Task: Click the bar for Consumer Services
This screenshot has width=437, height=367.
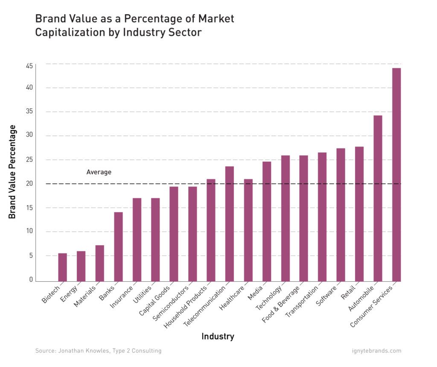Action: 396,175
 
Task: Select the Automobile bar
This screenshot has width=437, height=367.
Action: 378,198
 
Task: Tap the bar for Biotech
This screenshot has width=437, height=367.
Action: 62,268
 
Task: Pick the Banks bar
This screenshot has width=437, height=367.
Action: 118,247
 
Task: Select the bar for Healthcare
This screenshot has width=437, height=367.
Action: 248,230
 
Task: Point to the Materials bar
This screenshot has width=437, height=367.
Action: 99,263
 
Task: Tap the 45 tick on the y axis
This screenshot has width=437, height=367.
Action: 29,66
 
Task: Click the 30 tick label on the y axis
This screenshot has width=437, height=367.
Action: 29,135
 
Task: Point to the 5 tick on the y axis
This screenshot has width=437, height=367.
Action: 31,256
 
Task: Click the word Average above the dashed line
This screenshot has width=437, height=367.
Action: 99,172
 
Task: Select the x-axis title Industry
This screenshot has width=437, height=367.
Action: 218,336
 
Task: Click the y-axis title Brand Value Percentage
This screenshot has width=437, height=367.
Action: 12,172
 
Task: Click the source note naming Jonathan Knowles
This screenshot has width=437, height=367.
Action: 98,351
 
